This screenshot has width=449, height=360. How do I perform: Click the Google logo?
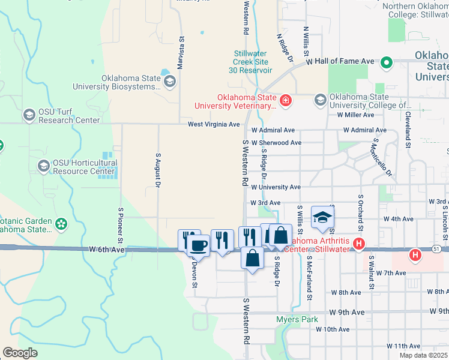click(x=20, y=353)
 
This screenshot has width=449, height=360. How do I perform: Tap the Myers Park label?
click(x=297, y=319)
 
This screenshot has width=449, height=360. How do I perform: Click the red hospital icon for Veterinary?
click(x=285, y=100)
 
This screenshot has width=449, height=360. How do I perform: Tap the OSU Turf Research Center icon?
click(x=29, y=115)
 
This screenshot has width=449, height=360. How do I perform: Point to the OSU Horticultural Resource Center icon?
click(x=43, y=166)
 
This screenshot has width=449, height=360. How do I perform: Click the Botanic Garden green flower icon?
click(x=61, y=224)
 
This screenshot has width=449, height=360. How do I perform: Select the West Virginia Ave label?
click(x=214, y=124)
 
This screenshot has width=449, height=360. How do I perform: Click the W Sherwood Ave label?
click(x=276, y=143)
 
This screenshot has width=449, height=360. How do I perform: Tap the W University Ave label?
click(x=276, y=187)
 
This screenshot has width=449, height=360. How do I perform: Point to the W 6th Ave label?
click(x=106, y=249)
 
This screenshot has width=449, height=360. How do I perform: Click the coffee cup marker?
click(x=197, y=245)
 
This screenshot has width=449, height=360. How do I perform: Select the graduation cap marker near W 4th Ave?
click(x=322, y=217)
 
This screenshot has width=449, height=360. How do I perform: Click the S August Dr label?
click(x=158, y=170)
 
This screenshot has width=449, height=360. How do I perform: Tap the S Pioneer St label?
click(x=121, y=221)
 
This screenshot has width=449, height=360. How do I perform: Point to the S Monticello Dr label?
click(x=382, y=159)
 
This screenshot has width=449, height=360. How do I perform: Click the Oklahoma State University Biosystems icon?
click(x=169, y=81)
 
